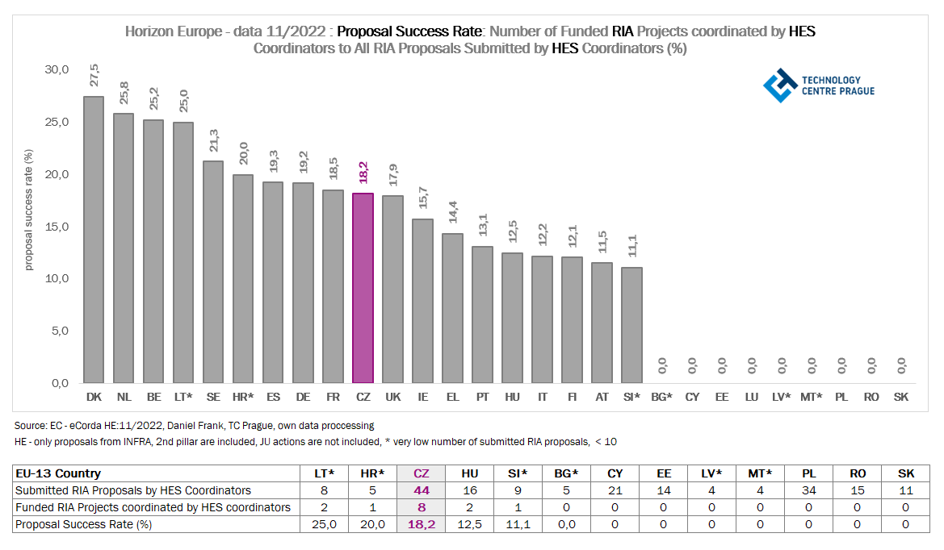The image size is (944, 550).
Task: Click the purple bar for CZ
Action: tap(363, 288)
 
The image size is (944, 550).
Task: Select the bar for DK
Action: tap(94, 240)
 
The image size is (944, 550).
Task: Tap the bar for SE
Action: tap(213, 272)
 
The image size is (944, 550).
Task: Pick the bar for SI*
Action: tap(631, 325)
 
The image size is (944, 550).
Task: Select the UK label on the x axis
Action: tap(392, 397)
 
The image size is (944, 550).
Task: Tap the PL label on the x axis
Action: tap(841, 397)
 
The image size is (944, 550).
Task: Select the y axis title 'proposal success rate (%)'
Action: tap(28, 209)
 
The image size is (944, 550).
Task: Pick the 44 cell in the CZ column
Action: tap(421, 490)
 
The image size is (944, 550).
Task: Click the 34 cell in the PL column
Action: tap(808, 490)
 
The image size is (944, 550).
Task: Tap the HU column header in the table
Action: tap(469, 473)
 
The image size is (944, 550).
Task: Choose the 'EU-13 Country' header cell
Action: tap(59, 473)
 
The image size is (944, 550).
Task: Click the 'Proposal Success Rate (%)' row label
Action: tap(84, 524)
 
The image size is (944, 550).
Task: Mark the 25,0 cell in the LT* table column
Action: tap(325, 524)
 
